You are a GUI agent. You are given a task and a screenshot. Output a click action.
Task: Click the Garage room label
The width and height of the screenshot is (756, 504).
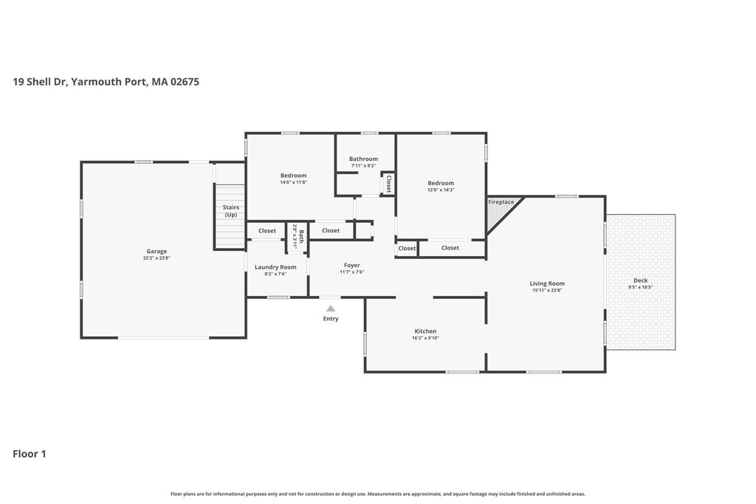pos(157,251)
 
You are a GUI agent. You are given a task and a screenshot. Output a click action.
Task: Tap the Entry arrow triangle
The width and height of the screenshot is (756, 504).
pos(331,308)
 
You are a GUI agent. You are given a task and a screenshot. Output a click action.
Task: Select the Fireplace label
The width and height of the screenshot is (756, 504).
pos(501,202)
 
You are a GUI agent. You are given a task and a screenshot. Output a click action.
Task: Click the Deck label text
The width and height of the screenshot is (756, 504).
pos(641,280)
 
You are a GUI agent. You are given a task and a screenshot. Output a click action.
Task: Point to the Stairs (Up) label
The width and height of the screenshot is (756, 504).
pos(231,211)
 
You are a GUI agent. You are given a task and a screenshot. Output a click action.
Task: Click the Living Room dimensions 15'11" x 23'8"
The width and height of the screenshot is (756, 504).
pos(547,291)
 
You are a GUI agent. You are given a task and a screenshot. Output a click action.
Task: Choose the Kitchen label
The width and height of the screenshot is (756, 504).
pos(426,331)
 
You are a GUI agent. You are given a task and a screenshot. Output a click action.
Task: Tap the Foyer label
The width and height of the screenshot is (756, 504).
pos(352,265)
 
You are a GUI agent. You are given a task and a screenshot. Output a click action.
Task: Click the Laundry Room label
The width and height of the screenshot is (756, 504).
pos(276,267)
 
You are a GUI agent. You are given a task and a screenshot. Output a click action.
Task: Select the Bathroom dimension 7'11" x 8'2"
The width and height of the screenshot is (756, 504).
pos(363,166)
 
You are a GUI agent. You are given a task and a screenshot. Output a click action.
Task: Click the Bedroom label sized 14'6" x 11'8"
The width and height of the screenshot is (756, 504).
pos(294,176)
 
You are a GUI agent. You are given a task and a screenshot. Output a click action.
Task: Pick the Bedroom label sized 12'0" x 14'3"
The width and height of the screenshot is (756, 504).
pos(441,183)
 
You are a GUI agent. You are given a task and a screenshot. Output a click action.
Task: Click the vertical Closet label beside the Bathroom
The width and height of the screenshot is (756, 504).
pos(388,184)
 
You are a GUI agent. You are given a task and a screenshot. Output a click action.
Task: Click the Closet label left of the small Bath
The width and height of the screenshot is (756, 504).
pos(267,231)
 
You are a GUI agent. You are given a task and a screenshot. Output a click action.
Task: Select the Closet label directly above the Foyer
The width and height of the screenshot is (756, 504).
pos(331,230)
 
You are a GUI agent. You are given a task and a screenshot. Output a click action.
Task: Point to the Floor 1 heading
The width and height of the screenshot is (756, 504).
pos(30,454)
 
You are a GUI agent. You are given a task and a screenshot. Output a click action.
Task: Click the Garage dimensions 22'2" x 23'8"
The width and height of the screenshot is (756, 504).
pos(157,258)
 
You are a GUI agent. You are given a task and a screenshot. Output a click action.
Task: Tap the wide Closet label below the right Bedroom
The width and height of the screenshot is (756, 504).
pos(450,248)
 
